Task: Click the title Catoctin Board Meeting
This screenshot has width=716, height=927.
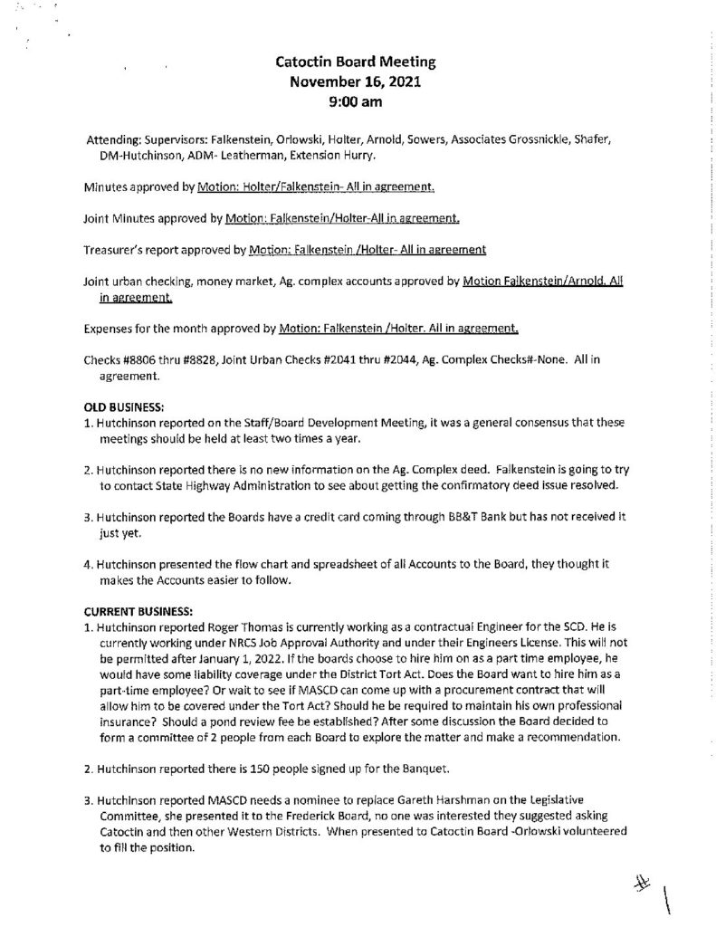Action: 356,63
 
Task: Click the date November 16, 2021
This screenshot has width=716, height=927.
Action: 356,82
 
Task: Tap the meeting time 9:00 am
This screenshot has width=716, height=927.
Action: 356,102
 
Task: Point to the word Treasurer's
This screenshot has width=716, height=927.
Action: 113,248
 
